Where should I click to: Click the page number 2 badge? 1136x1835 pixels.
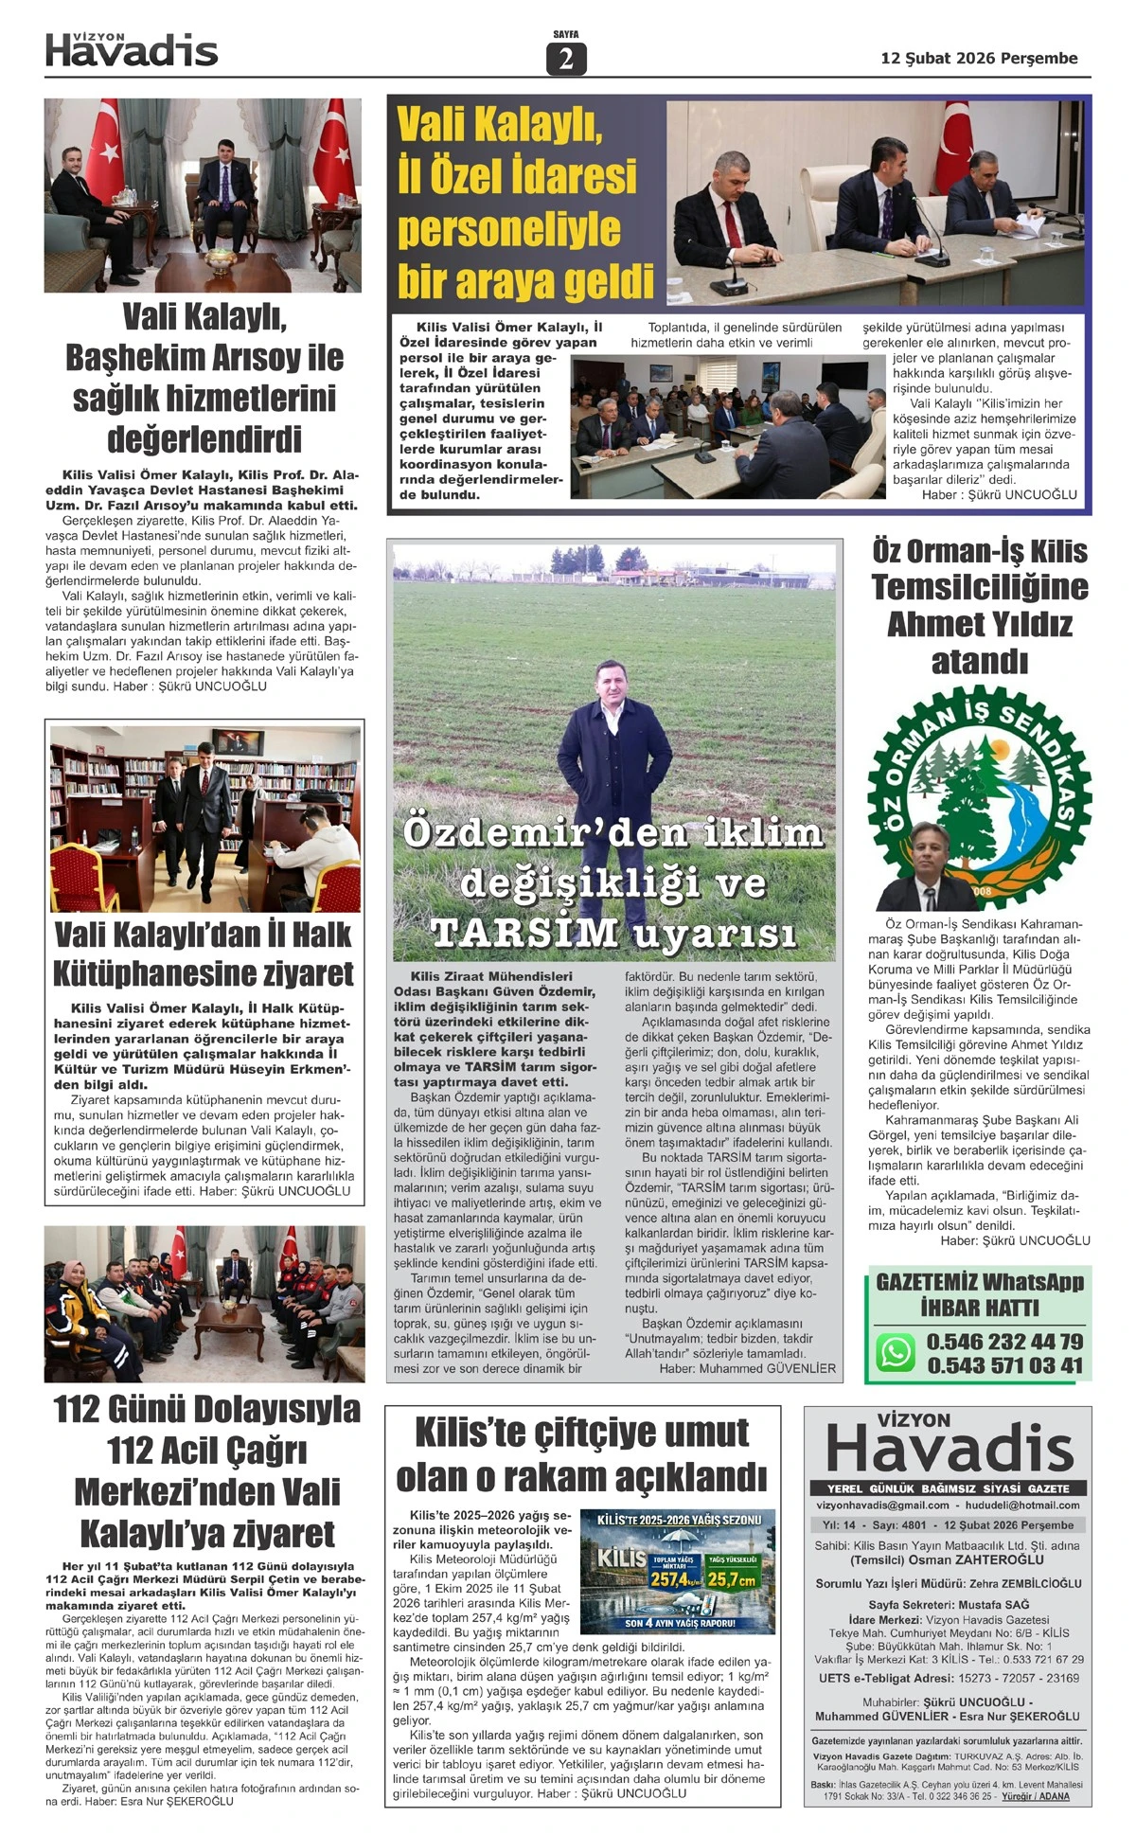(x=566, y=59)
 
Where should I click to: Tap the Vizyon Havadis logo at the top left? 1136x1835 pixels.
(x=132, y=49)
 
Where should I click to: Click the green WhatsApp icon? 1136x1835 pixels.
(x=895, y=1351)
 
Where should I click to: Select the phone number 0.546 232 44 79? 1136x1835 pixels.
(x=1004, y=1341)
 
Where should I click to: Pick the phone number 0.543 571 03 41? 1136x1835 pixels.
(x=1004, y=1365)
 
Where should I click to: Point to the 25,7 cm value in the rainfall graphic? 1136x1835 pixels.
(x=732, y=1578)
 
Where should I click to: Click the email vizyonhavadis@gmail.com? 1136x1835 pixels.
(x=882, y=1505)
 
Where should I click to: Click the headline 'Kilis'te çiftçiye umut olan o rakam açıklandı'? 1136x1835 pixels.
(x=581, y=1454)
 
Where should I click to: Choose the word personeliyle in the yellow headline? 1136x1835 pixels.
(x=509, y=229)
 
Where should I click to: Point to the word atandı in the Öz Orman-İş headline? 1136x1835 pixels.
(x=979, y=662)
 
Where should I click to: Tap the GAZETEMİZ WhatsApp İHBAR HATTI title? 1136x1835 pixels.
(x=979, y=1294)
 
